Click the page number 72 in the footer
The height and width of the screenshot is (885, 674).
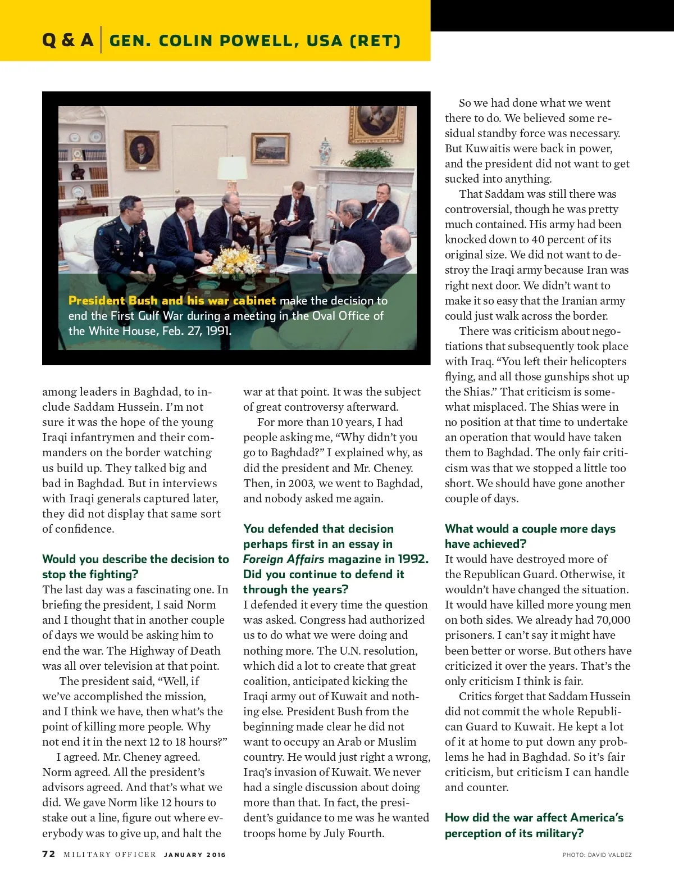coord(49,854)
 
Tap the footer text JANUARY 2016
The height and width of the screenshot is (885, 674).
coord(195,855)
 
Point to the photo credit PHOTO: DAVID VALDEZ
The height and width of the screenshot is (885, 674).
coord(597,855)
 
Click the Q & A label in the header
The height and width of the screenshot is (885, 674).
coord(67,40)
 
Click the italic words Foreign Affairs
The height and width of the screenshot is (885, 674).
coord(284,559)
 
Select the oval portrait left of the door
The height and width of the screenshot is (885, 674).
coord(142,149)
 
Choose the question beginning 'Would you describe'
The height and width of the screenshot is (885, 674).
coord(135,566)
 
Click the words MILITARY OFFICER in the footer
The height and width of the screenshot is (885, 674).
coord(110,855)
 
